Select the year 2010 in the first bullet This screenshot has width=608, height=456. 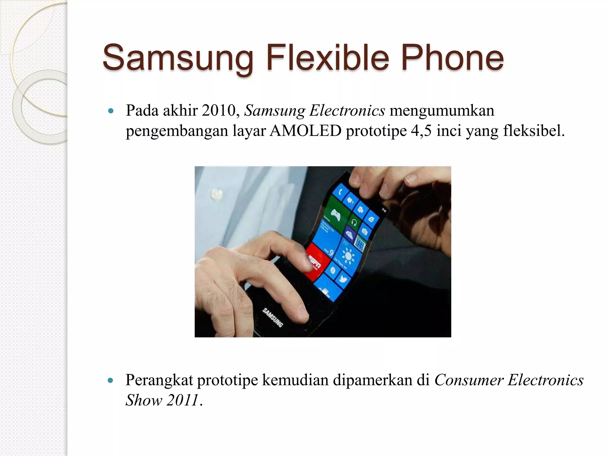218,111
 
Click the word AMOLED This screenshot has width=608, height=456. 305,131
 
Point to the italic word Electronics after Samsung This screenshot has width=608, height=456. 347,111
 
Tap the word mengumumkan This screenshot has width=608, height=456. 442,111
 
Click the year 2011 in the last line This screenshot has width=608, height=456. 182,400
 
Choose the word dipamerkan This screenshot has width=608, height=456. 381,380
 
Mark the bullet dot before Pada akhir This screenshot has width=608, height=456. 111,111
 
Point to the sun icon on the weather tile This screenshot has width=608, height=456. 347,255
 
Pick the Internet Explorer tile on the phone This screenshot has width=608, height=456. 371,220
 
